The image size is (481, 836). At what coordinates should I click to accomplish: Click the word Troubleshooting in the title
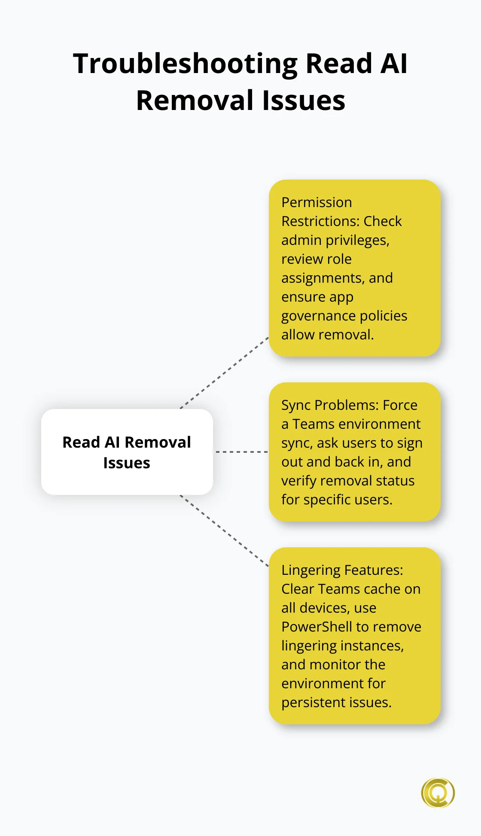(185, 64)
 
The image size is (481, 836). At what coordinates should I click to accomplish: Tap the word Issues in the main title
(304, 101)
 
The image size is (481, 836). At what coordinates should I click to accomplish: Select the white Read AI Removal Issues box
(127, 452)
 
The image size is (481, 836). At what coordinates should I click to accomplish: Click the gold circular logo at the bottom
(438, 793)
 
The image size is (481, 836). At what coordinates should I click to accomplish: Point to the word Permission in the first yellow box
(317, 202)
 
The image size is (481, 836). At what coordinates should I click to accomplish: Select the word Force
(400, 405)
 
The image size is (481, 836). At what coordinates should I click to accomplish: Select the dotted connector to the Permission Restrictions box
(225, 373)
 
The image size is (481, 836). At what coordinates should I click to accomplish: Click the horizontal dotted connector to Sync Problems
(241, 452)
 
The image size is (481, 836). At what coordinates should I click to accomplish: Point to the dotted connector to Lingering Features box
(225, 531)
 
